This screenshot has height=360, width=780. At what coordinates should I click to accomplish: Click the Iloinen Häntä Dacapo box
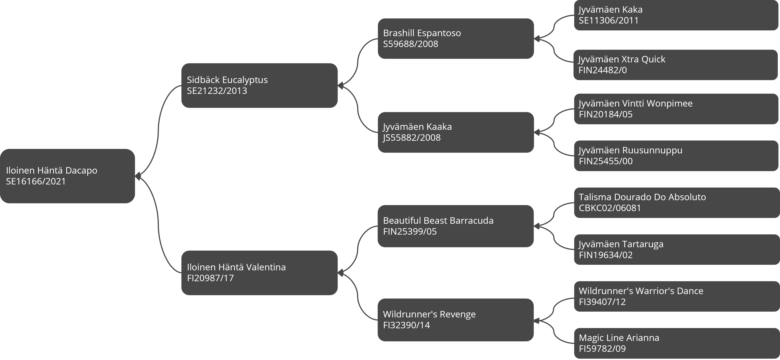click(x=67, y=176)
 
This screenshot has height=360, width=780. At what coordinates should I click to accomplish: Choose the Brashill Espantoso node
click(x=456, y=38)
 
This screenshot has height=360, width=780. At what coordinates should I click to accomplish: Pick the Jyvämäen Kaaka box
click(x=456, y=132)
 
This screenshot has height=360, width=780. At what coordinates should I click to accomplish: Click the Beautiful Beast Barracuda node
click(x=456, y=226)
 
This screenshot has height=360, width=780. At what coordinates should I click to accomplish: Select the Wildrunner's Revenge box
click(x=456, y=320)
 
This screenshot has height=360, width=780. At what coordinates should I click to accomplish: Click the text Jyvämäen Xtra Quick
click(x=622, y=59)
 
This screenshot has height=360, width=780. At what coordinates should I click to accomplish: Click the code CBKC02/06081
click(x=610, y=208)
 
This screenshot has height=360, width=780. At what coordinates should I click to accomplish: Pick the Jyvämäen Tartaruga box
click(x=677, y=249)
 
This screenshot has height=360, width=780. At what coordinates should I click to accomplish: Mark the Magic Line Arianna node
click(x=677, y=343)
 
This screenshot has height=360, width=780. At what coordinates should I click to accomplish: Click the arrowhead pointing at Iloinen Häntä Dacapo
click(x=138, y=176)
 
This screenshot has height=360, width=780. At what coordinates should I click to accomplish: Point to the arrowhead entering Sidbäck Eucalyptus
click(x=340, y=86)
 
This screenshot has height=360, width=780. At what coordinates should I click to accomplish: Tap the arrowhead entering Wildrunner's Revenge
click(x=537, y=320)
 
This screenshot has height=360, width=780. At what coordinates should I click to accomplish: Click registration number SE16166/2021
click(x=36, y=181)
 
